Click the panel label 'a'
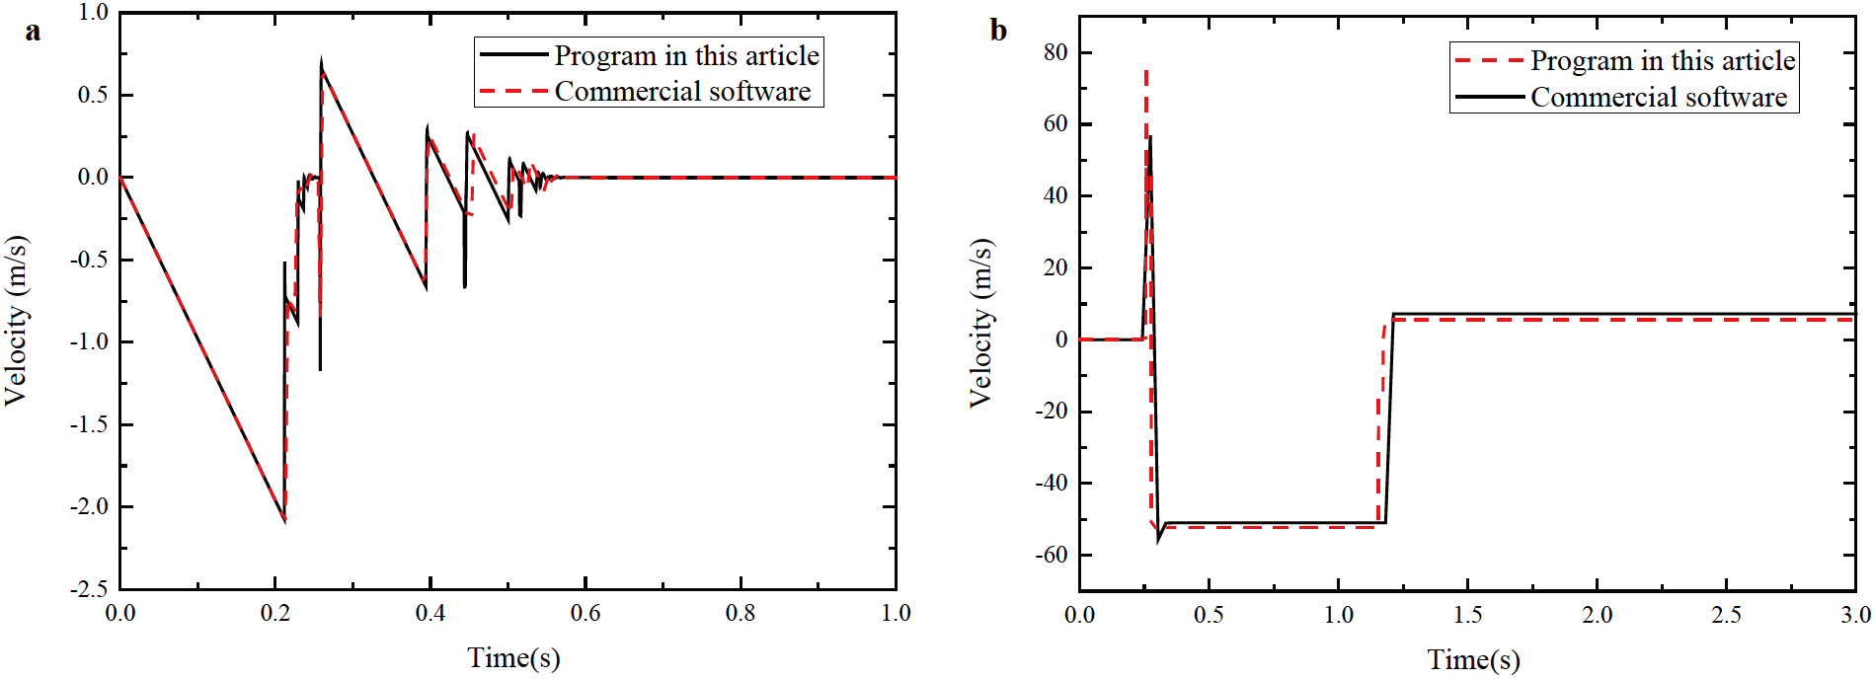pos(33,33)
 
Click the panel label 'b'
pos(998,32)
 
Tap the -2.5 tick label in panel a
pos(90,589)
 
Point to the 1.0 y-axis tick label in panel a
pos(94,13)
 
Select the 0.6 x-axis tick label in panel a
pos(586,614)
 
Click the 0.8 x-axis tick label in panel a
pos(741,614)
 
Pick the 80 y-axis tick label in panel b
pos(1055,52)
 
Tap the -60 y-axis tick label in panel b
pos(1052,555)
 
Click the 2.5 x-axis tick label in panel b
pos(1726,616)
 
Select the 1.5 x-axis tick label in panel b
pos(1467,616)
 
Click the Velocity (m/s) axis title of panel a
pos(17,321)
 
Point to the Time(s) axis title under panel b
pos(1473,659)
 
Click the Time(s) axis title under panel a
pos(513,657)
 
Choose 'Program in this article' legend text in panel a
pos(686,56)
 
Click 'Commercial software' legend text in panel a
pos(682,92)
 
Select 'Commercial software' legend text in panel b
pos(1659,98)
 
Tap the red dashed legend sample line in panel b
pos(1489,61)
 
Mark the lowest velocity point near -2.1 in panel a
pos(284,519)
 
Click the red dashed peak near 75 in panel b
pos(1145,71)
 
